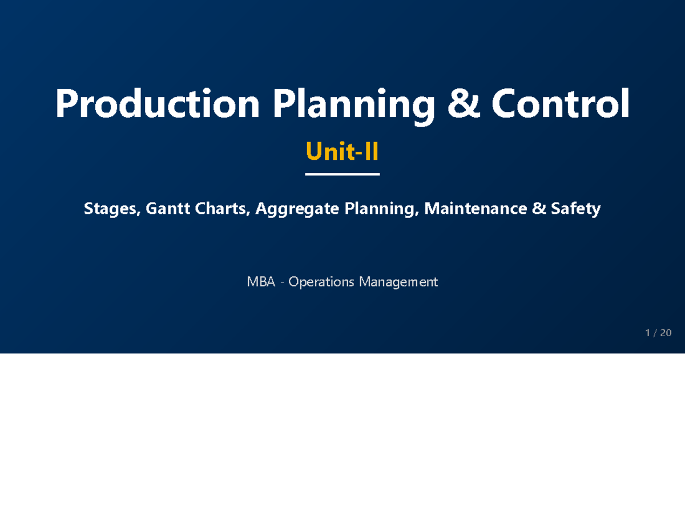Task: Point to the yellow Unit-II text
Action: (342, 152)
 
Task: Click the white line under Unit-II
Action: (342, 174)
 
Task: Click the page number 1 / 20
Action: (658, 333)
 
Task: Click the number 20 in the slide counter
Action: (666, 333)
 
